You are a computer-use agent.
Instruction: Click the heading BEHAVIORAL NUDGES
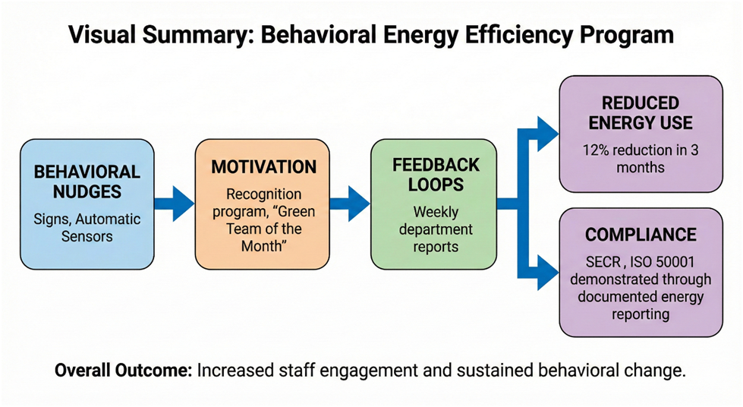point(87,183)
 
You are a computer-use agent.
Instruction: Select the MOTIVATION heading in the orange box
point(263,166)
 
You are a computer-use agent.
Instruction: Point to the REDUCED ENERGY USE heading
point(641,113)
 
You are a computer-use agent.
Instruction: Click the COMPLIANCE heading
point(641,235)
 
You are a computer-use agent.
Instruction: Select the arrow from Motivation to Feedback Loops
point(350,204)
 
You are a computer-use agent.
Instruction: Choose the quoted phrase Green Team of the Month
point(263,229)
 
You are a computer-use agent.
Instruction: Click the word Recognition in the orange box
point(263,194)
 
